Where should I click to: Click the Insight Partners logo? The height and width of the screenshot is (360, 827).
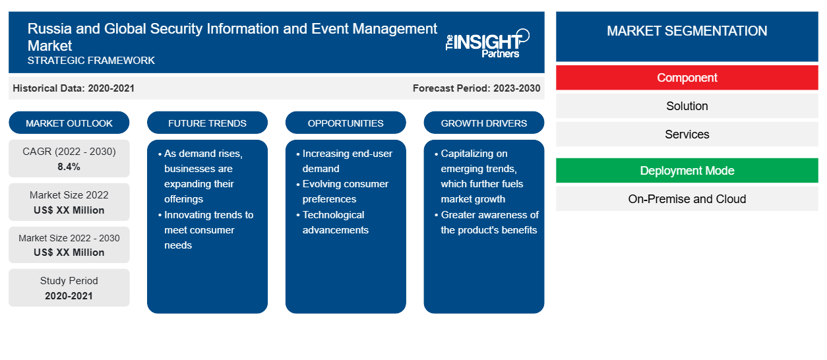[x=487, y=44]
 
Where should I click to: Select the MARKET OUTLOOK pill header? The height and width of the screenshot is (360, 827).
[x=69, y=123]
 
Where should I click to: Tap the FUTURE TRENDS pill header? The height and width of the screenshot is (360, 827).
[x=207, y=123]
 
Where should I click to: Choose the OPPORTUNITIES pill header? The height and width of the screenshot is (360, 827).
[x=346, y=123]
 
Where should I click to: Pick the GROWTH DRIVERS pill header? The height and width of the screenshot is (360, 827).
[x=483, y=123]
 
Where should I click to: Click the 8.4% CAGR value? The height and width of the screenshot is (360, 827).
[x=69, y=167]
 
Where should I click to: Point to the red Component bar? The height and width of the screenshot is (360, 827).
[x=687, y=78]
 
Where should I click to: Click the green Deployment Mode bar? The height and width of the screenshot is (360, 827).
[x=687, y=171]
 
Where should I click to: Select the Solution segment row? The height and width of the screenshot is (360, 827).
[x=687, y=106]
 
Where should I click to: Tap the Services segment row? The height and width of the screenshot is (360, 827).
[x=687, y=134]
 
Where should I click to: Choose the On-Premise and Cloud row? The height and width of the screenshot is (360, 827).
[x=687, y=199]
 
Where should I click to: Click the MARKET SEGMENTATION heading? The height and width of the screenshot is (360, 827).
[x=687, y=31]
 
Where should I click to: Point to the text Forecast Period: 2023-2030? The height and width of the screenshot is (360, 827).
[x=476, y=88]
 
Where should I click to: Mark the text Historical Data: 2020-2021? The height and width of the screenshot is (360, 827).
[x=73, y=88]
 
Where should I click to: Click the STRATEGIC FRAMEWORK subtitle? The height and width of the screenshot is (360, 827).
[x=91, y=61]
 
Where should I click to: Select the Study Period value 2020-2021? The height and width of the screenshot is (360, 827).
[x=69, y=296]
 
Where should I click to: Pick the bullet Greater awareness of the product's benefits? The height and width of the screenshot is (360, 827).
[x=487, y=222]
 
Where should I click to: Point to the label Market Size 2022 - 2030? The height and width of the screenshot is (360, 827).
[x=69, y=238]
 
